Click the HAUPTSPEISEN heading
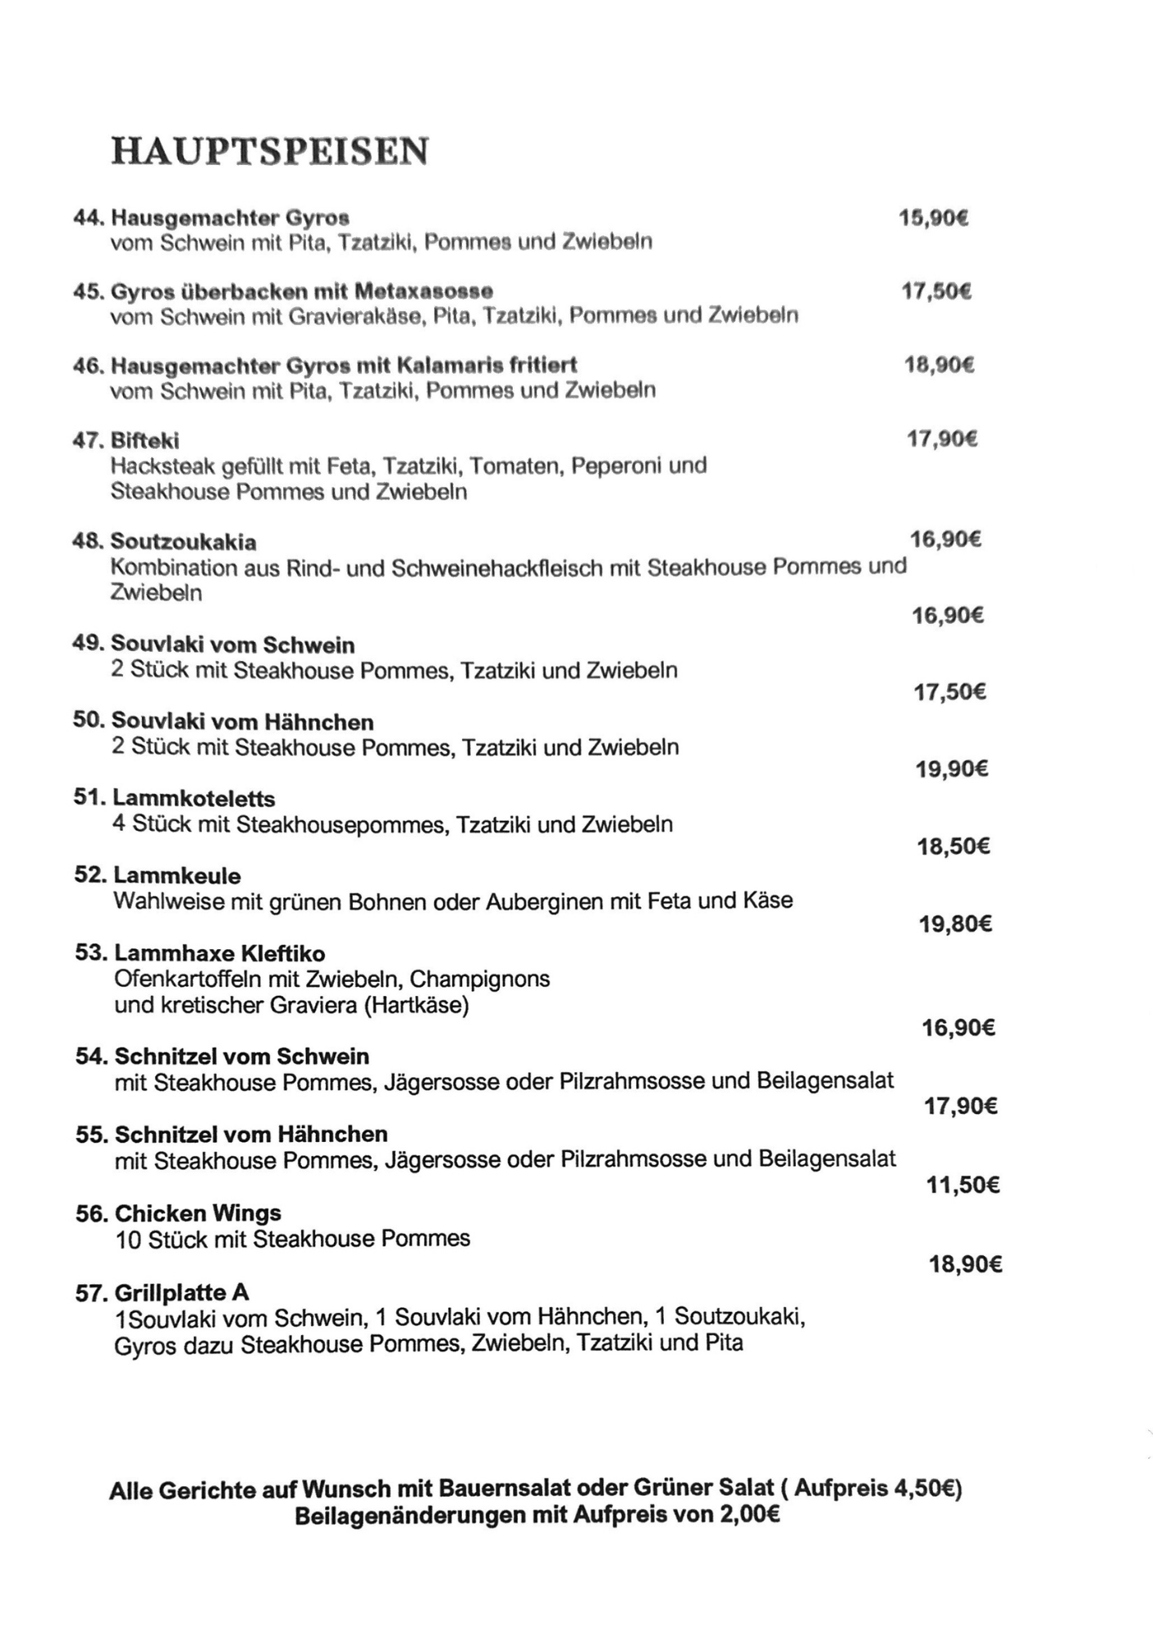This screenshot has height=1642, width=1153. coord(269,151)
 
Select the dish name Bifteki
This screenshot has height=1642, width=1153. coord(144,441)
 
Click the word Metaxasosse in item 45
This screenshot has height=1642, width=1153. coord(423,291)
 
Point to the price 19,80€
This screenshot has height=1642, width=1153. coord(955,924)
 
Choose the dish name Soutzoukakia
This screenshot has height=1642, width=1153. coord(183,542)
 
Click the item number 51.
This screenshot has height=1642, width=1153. coord(89,798)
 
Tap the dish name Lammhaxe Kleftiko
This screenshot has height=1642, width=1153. coord(219,953)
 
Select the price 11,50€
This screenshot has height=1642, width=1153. coord(963,1185)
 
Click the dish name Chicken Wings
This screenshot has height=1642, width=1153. coord(198,1213)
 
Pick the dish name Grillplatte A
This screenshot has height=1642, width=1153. coord(181,1293)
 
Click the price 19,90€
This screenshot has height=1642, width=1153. coord(952,768)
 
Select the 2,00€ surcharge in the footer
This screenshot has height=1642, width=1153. coord(749,1516)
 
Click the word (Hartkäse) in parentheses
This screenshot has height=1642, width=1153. coord(417,1005)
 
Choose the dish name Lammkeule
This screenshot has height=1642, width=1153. coord(176,875)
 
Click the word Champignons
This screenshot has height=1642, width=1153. coord(479,979)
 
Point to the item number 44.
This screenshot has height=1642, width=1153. coord(88,218)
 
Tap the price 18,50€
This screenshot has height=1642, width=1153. coord(954,846)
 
